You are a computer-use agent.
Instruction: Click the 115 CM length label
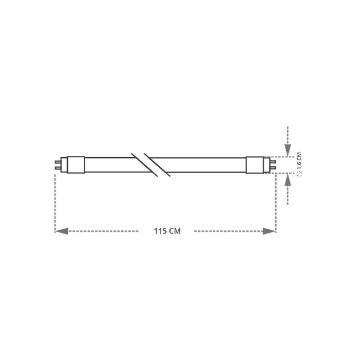(167, 231)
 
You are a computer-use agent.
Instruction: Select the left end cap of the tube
(76, 165)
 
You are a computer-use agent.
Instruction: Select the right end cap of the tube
(255, 165)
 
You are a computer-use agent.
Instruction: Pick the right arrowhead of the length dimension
(269, 231)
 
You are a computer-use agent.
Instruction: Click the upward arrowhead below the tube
(288, 180)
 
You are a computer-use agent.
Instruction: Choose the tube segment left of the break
(108, 165)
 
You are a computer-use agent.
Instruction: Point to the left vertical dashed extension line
(55, 202)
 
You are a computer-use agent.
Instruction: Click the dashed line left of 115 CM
(104, 231)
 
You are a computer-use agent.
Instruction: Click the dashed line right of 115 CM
(227, 231)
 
